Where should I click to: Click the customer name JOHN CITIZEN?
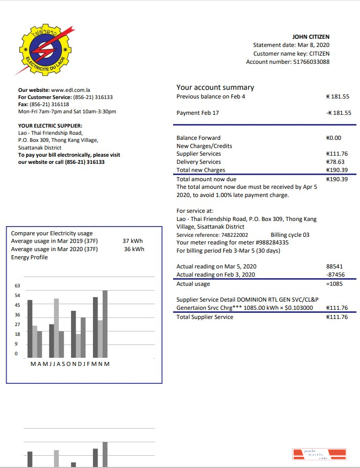[310, 37]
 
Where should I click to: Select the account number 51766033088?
[311, 62]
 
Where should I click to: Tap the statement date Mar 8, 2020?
[313, 45]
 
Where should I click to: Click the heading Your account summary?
[215, 87]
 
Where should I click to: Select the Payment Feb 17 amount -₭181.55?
[338, 113]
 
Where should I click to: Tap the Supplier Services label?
[199, 154]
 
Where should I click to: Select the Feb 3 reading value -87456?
[334, 275]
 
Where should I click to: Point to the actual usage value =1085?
[334, 284]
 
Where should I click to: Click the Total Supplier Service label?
[205, 317]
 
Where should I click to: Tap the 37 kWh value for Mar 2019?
[133, 241]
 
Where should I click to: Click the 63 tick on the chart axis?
[17, 286]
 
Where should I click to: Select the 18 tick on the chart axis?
[17, 334]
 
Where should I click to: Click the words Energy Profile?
[29, 257]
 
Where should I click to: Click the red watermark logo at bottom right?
[319, 455]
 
